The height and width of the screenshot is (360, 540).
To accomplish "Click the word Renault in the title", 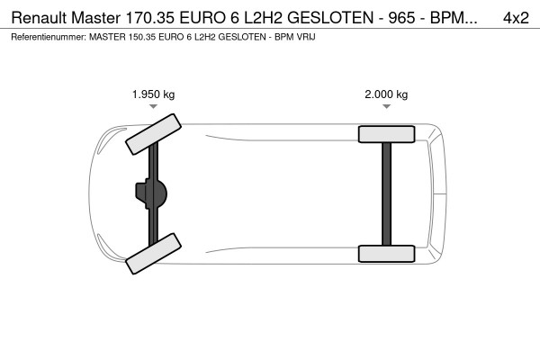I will (36, 16).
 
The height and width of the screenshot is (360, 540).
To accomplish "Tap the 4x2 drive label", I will (516, 16).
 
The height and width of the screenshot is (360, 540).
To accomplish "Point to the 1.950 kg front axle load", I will (153, 94).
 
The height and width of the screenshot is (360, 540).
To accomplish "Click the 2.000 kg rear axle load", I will (386, 94).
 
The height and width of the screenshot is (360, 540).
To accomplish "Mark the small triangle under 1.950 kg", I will (153, 107).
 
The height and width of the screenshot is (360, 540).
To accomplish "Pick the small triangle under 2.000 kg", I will (386, 107).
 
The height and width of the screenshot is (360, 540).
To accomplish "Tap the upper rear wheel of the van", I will (386, 134).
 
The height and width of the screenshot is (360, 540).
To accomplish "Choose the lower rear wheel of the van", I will (386, 253).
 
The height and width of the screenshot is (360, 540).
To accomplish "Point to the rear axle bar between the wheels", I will (386, 193).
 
